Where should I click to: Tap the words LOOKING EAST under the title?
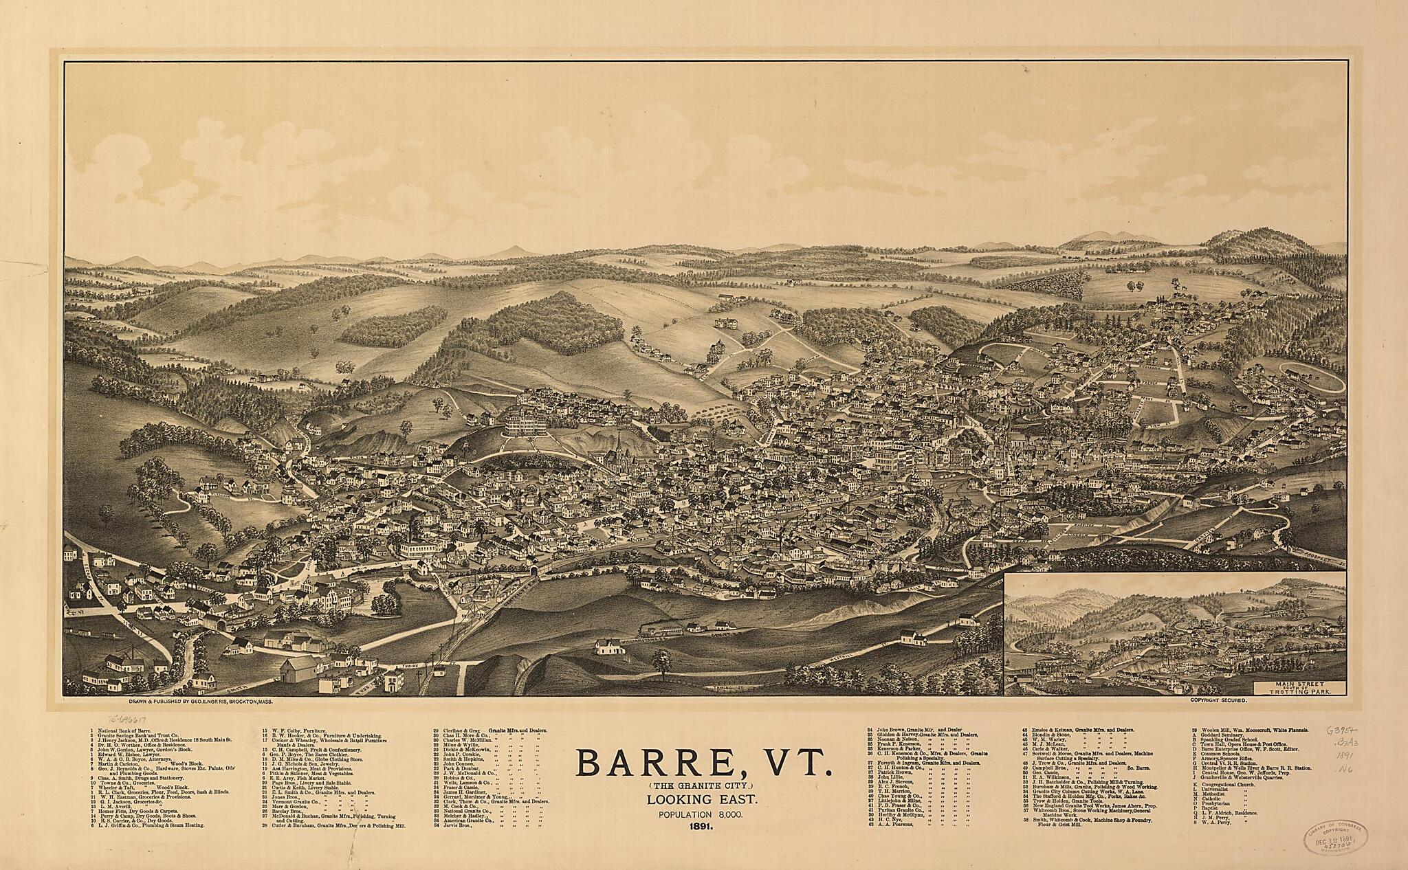pyautogui.click(x=703, y=801)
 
